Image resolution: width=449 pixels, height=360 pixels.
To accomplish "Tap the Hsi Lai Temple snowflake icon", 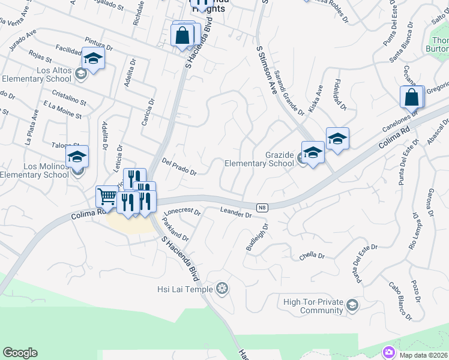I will coord(223,290).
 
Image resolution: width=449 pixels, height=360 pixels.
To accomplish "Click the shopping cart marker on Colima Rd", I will coord(107,195).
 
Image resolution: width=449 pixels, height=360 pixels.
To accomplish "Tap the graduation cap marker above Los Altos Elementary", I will coord(93,58).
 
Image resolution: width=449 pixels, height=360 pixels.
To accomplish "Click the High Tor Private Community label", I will coord(313,306).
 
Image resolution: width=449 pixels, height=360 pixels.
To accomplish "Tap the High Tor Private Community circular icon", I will coord(352,306).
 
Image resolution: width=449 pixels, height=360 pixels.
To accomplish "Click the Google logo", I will coord(20,353).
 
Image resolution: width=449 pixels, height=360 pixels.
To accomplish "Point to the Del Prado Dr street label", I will coord(179,167).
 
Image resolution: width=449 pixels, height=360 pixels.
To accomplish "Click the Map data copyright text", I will coord(423,355).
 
